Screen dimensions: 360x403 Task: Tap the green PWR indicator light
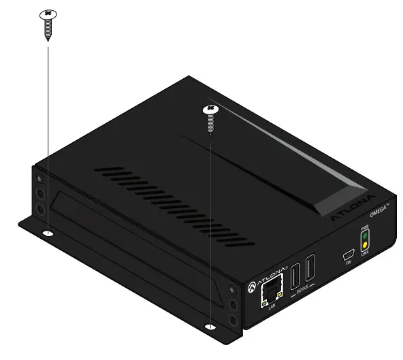tap(364, 236)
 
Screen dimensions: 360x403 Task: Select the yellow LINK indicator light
tap(364, 244)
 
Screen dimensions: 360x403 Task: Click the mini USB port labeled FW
tap(346, 256)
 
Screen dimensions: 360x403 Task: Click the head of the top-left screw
tap(48, 13)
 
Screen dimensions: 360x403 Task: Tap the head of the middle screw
tap(212, 108)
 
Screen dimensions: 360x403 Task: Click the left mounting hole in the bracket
tap(48, 233)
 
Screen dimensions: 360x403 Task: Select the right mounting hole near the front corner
tap(212, 328)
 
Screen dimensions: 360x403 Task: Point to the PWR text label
tap(364, 228)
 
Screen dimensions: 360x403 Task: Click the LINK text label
tap(364, 252)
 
